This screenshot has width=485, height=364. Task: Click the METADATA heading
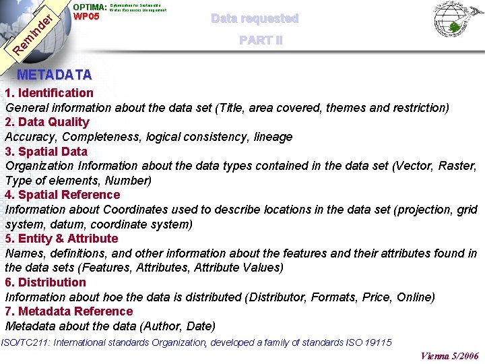click(55, 74)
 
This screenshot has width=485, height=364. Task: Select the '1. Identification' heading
click(49, 93)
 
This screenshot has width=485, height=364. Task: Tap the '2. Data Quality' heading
click(47, 122)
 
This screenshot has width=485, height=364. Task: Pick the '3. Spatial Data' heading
click(46, 152)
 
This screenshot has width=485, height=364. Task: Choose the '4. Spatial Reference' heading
click(63, 195)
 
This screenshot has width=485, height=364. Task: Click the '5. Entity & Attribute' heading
click(61, 239)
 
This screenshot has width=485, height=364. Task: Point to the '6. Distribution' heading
click(46, 282)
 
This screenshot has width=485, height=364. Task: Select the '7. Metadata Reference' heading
click(69, 311)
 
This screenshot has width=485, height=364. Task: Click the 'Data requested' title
click(255, 18)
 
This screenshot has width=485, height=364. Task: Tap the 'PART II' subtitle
click(261, 40)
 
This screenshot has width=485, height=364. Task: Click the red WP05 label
click(86, 17)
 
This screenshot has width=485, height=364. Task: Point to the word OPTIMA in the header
click(89, 7)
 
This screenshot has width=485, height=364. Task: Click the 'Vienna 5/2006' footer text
click(449, 356)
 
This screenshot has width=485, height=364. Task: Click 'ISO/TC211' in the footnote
click(23, 342)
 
